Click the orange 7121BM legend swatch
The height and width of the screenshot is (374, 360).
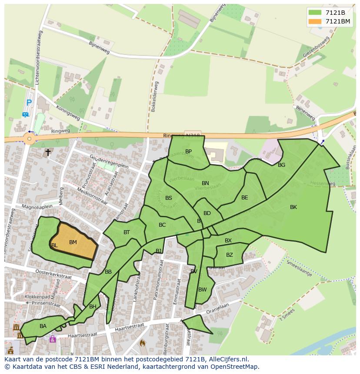(x=315, y=21)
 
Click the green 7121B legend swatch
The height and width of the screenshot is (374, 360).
(x=315, y=12)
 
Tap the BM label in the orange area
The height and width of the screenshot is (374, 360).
(x=73, y=242)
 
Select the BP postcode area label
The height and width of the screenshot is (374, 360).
(x=188, y=152)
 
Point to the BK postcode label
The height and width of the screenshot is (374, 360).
(x=293, y=207)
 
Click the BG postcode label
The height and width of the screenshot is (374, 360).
(x=281, y=165)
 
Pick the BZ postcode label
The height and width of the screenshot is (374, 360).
(x=229, y=255)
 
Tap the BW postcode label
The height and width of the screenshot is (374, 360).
(x=202, y=290)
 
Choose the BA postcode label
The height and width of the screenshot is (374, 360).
(x=43, y=326)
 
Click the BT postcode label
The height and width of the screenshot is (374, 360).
(x=127, y=232)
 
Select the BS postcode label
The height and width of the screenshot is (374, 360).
(x=169, y=198)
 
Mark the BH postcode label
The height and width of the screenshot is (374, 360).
(x=93, y=307)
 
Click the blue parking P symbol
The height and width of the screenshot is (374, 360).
(x=29, y=103)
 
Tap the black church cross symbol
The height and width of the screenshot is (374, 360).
(x=48, y=152)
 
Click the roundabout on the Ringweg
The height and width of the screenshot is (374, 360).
(x=29, y=139)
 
